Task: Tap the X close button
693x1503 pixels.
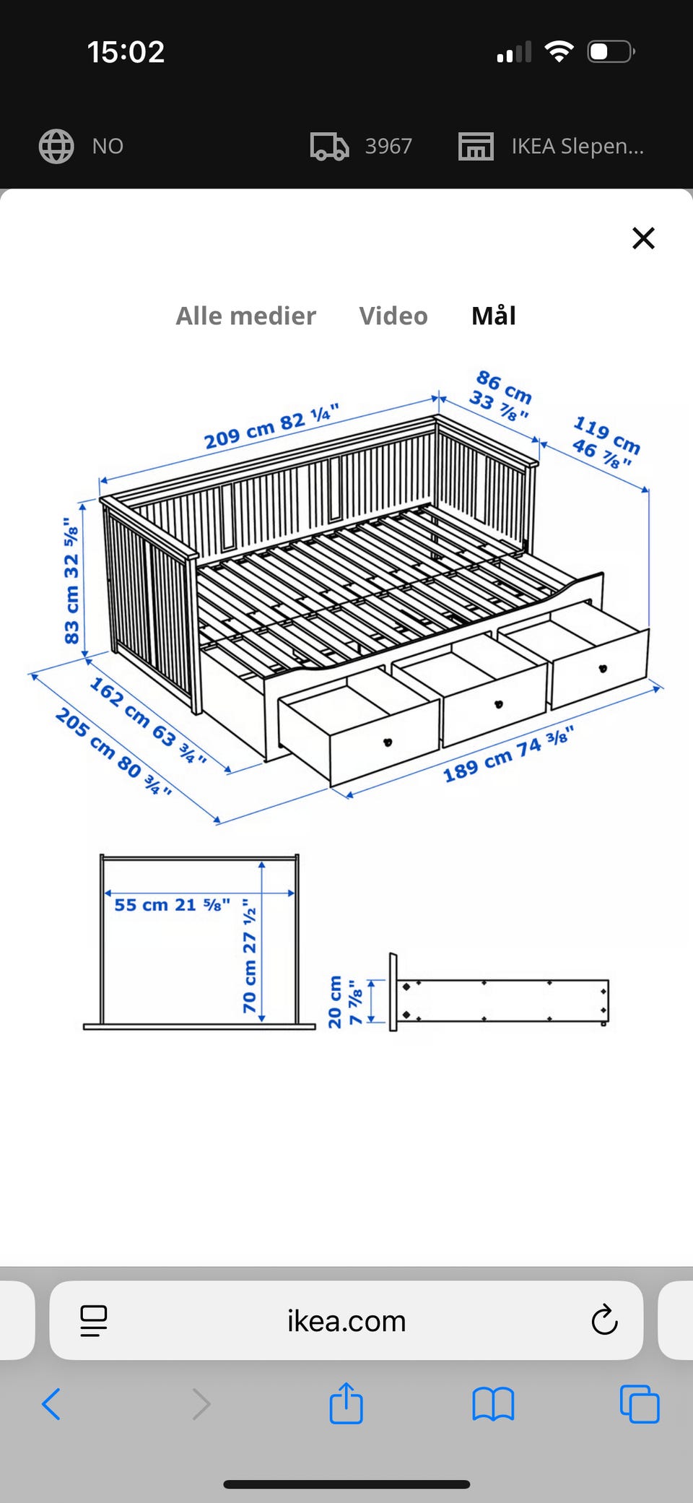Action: point(643,238)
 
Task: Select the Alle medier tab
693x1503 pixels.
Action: point(246,316)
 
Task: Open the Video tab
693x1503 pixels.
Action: point(393,316)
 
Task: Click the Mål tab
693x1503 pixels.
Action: point(494,315)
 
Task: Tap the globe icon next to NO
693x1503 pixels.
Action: point(56,146)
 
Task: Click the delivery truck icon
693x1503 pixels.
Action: point(329,146)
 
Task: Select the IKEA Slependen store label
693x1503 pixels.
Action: point(577,146)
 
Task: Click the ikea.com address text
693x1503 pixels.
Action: point(346,1321)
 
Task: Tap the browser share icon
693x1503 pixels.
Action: point(346,1403)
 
